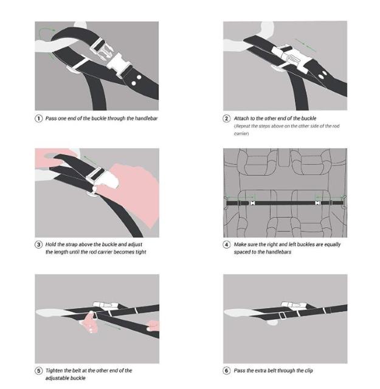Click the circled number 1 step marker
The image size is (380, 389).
point(38,119)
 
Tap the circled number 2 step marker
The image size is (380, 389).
point(226,119)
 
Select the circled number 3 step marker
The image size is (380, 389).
point(38,244)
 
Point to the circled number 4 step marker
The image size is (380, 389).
point(226,244)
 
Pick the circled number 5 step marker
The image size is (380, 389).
point(38,371)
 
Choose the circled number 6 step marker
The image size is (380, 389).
point(226,371)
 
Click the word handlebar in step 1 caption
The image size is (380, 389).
point(146,119)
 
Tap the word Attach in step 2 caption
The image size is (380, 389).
point(241,119)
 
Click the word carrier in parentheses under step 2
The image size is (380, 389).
point(241,134)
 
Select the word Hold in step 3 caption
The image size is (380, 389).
point(50,244)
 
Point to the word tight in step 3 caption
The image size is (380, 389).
point(140,252)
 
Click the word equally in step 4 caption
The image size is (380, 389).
point(332,244)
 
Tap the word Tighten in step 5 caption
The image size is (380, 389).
point(54,371)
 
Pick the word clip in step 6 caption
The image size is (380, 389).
point(308,371)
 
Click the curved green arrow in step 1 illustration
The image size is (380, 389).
point(46,30)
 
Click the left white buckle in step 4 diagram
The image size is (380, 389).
point(252,203)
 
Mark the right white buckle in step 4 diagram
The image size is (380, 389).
point(318,203)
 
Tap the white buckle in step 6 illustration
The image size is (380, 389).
point(293,305)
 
